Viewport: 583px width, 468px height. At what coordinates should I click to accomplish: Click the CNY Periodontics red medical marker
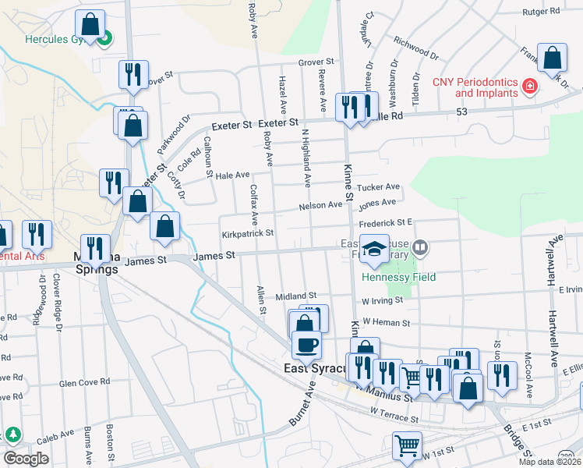(530, 85)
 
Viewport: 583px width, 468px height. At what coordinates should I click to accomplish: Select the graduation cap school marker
(374, 247)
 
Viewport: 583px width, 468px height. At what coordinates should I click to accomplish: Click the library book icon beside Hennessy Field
(420, 249)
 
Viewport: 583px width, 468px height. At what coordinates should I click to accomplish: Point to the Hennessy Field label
(398, 277)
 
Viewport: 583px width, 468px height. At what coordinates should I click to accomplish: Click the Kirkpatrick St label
(248, 232)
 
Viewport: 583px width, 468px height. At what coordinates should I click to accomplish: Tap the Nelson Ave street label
(320, 206)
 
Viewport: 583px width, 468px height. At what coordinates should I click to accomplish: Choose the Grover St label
(315, 61)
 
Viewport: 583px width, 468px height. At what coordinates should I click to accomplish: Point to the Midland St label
(295, 296)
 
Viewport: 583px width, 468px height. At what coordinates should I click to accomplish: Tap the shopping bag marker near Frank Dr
(552, 58)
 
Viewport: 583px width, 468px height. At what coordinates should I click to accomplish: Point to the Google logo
(26, 459)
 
